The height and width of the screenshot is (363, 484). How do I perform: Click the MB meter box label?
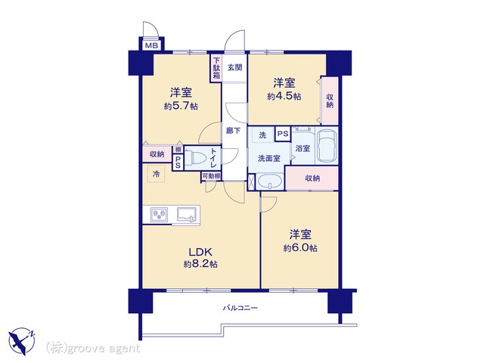click(151, 46)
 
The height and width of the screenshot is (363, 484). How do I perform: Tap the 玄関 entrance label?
click(235, 67)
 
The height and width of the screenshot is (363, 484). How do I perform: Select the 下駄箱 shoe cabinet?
click(216, 68)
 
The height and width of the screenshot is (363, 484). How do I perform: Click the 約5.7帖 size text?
click(181, 107)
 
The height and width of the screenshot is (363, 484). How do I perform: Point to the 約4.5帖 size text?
click(284, 97)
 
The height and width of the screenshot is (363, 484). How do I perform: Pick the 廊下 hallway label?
click(234, 131)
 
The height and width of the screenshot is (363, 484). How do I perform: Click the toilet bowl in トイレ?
click(197, 157)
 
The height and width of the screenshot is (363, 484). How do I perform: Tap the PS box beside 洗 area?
click(283, 134)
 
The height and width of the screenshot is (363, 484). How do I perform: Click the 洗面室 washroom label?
click(269, 158)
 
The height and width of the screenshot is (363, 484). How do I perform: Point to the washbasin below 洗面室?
click(270, 181)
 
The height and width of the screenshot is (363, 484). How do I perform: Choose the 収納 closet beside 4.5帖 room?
click(330, 101)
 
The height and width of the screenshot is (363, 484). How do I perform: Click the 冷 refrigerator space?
click(157, 174)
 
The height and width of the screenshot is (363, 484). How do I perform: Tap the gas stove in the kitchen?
click(160, 215)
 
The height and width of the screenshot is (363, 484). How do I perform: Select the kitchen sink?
click(187, 215)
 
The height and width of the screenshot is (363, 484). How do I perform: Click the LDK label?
click(200, 252)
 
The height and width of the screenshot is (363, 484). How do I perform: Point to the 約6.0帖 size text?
click(300, 248)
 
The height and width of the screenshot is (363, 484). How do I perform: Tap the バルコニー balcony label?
click(240, 308)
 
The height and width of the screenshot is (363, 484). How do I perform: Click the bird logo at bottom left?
click(22, 341)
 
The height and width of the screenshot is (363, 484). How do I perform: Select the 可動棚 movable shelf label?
click(211, 176)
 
